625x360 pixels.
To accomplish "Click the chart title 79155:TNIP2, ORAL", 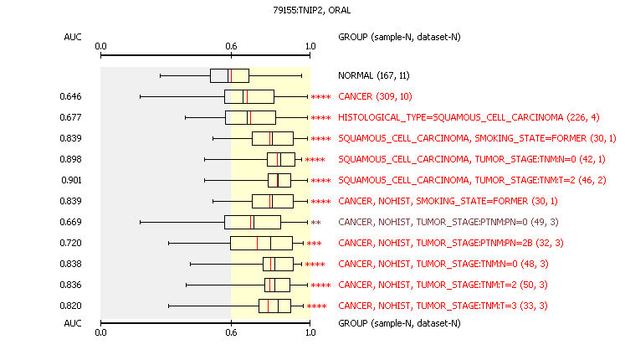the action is point(312,10).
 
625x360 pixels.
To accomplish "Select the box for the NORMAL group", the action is point(229,75).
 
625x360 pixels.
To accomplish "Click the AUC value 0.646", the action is point(70,96).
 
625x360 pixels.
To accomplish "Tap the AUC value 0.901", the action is point(71,180).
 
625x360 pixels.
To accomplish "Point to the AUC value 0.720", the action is point(70,243).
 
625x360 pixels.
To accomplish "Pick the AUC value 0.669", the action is point(70,222).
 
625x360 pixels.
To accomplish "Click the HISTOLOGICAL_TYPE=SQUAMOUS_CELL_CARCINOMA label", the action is point(451,117).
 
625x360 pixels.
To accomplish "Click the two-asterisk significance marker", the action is point(315,223).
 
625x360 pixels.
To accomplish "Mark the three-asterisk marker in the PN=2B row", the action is point(314,244).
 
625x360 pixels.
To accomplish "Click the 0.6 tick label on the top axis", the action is point(231,46).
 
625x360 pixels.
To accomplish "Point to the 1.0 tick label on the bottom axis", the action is point(310,332).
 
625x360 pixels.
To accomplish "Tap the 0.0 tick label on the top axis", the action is point(101,46).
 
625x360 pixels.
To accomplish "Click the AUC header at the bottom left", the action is point(73,323).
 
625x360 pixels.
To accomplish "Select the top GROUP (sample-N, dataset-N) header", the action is point(399,37).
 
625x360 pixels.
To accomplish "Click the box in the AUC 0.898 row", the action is point(281,159).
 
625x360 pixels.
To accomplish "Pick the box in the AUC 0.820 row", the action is point(275,306).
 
